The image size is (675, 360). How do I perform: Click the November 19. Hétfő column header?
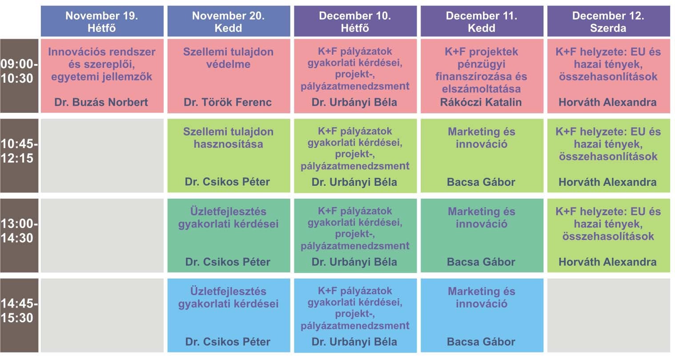click(x=102, y=21)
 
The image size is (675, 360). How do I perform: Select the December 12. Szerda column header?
click(x=608, y=21)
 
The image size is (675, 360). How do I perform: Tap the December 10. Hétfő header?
click(x=355, y=21)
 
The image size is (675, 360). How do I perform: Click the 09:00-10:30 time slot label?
click(x=19, y=71)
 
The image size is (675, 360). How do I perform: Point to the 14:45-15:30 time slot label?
click(x=19, y=311)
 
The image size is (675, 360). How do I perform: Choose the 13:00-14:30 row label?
click(x=19, y=231)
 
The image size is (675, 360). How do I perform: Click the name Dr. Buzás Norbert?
click(x=101, y=102)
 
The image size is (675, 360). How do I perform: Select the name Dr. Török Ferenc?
click(x=228, y=102)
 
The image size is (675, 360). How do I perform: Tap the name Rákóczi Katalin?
click(x=481, y=102)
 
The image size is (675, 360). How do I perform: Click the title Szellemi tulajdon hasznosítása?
click(x=229, y=138)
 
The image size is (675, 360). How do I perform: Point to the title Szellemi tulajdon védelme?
click(x=229, y=58)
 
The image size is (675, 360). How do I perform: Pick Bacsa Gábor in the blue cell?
click(x=481, y=342)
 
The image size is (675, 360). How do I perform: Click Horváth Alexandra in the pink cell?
click(x=607, y=102)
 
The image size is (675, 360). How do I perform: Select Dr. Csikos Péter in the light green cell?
click(x=227, y=182)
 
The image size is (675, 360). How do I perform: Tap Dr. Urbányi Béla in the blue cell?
click(x=354, y=342)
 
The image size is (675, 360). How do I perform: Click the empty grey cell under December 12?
click(x=609, y=315)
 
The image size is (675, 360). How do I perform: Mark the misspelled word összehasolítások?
click(x=608, y=236)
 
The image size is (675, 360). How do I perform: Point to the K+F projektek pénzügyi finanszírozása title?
click(x=482, y=70)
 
